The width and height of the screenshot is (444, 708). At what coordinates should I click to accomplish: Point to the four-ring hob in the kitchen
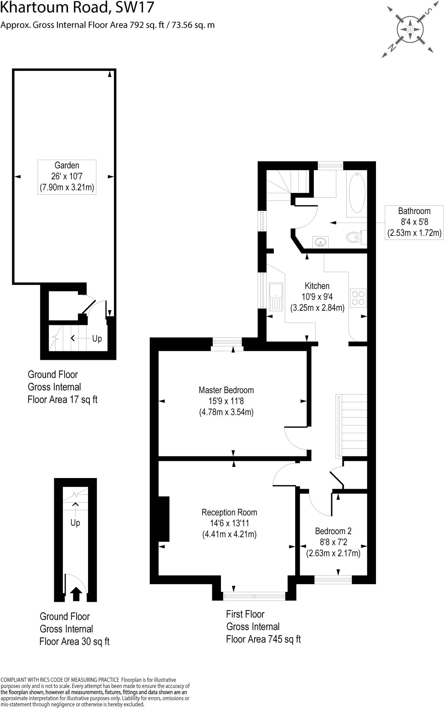click(358, 298)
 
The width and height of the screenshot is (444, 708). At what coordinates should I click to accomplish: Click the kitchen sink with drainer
click(276, 296)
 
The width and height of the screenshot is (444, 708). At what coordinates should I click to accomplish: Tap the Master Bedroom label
click(226, 390)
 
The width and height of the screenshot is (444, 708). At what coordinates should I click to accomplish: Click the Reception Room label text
click(229, 512)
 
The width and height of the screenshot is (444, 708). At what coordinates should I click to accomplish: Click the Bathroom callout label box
click(414, 222)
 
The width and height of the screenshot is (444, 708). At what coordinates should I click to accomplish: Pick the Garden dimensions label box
click(67, 177)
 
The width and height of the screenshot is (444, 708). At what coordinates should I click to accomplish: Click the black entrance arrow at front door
click(76, 595)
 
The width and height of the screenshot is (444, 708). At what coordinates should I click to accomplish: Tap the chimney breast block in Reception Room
click(164, 519)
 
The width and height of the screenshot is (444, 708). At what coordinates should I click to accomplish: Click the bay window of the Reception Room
click(254, 596)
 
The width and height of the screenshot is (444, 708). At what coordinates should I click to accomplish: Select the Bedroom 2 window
click(333, 580)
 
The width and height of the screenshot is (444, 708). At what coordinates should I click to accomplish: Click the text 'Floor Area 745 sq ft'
click(263, 639)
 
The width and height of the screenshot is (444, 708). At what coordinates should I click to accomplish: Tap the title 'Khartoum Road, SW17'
click(77, 8)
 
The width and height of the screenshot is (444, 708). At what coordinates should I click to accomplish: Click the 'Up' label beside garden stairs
click(97, 338)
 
